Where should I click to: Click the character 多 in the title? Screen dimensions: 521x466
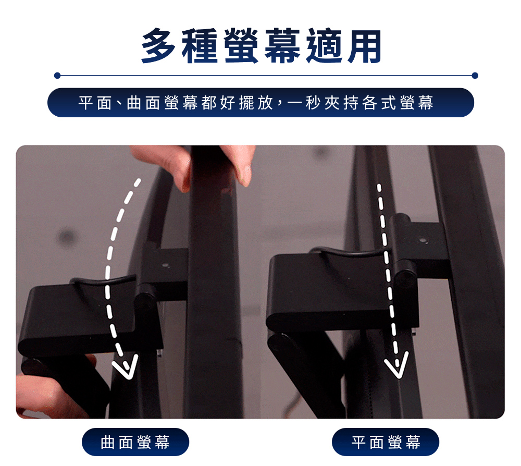click(x=159, y=45)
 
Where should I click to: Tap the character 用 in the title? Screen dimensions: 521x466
click(x=364, y=45)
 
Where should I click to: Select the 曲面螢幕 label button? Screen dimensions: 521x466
click(x=135, y=442)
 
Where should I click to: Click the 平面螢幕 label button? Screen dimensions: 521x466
click(x=386, y=442)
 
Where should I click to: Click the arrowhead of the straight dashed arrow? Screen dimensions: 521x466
click(x=396, y=365)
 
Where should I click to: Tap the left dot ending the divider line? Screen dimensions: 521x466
click(x=57, y=76)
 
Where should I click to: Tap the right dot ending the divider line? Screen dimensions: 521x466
click(x=475, y=76)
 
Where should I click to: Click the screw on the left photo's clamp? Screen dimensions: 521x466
click(x=165, y=265)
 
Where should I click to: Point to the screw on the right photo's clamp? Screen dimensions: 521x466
click(x=423, y=240)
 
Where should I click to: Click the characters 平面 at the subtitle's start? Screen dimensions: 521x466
click(x=95, y=102)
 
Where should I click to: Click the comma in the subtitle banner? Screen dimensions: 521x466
click(x=279, y=106)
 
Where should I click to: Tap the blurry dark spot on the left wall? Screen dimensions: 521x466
click(x=67, y=237)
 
